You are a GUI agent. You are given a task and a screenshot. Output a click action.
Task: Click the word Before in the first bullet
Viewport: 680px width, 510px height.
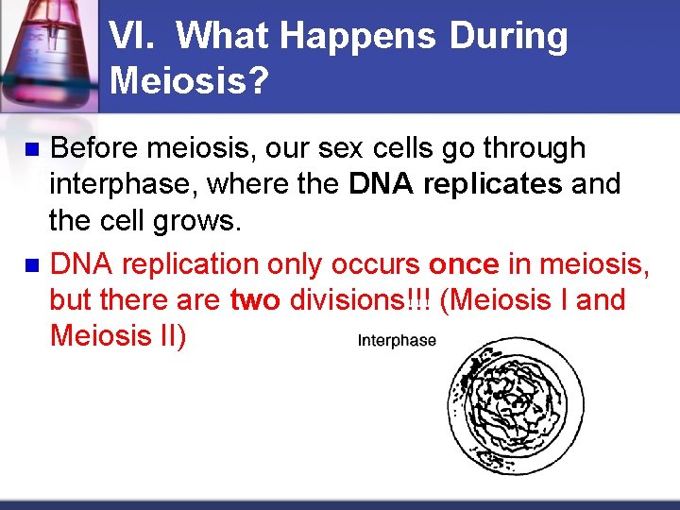pyautogui.click(x=93, y=148)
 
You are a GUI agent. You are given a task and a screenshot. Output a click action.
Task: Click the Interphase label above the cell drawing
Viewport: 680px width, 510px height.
pyautogui.click(x=397, y=341)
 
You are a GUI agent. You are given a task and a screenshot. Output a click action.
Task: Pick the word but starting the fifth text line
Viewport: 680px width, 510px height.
pyautogui.click(x=72, y=300)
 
